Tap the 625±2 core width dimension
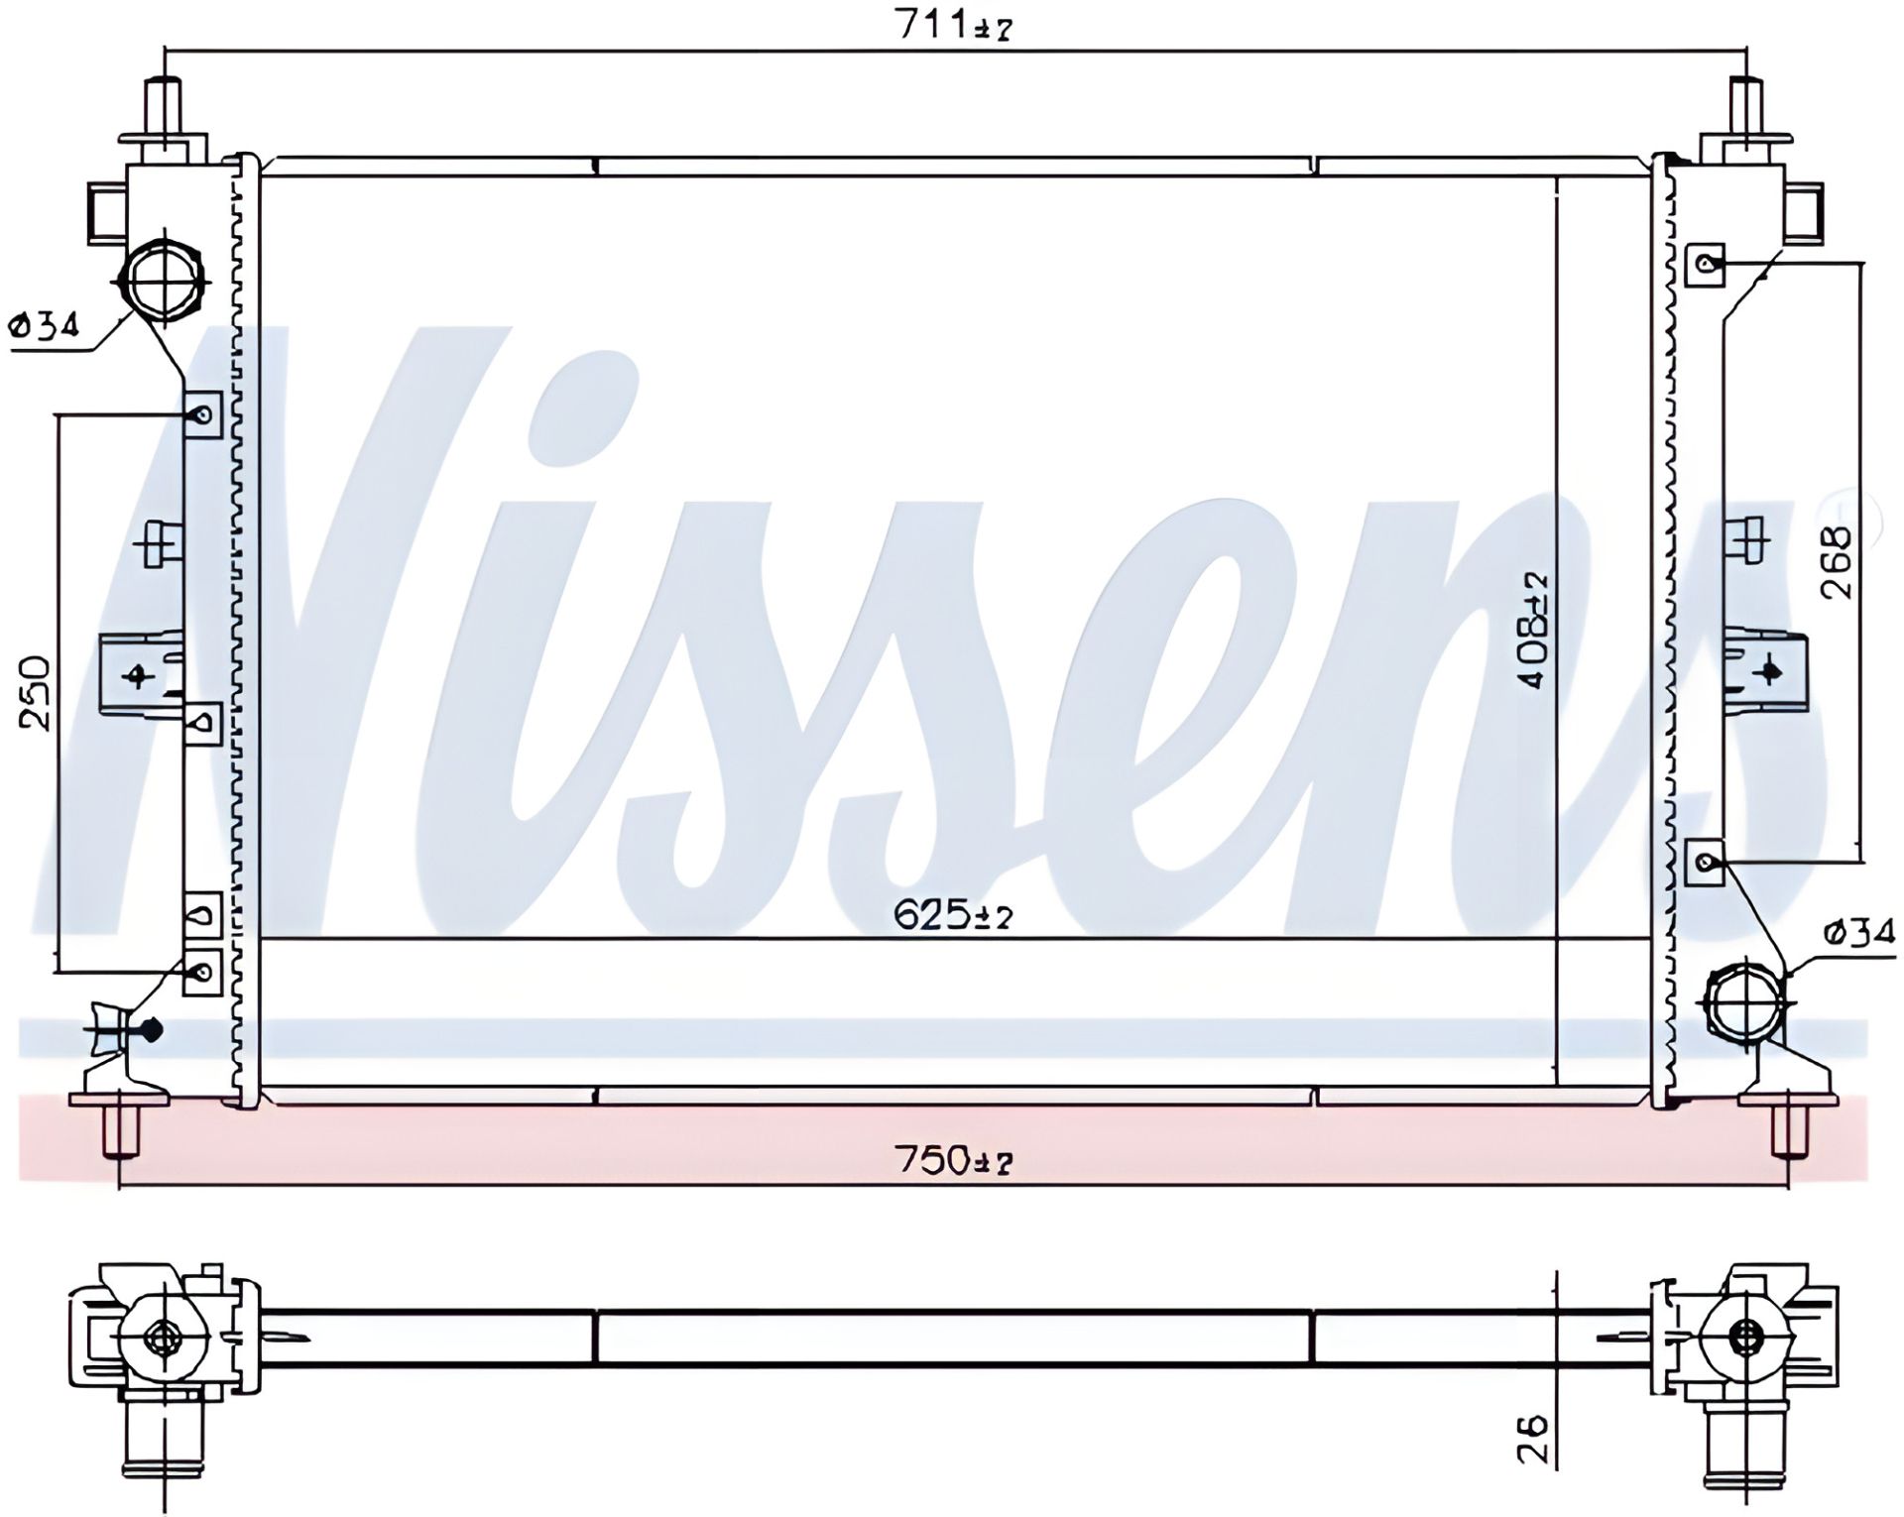[953, 915]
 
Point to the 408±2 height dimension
[1533, 631]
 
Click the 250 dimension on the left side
[36, 692]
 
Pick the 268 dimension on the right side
[1836, 561]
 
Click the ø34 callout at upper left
[44, 324]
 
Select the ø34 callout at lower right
[1859, 932]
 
